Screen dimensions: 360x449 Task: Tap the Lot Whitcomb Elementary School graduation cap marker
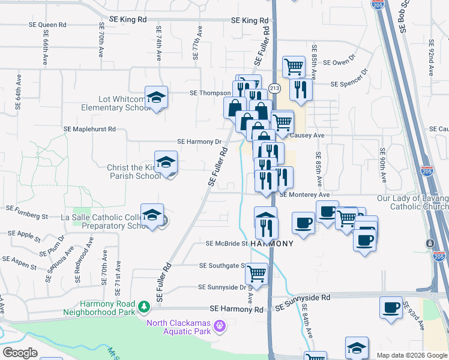tap(156, 97)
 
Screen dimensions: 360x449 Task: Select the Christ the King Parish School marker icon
tap(166, 161)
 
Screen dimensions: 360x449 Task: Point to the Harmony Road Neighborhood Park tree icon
tap(143, 307)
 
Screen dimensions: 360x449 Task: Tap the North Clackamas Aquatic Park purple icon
tap(220, 325)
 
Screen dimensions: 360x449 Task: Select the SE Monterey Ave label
tap(304, 195)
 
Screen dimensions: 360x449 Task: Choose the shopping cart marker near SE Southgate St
tap(256, 273)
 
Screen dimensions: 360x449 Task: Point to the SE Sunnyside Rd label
tap(303, 298)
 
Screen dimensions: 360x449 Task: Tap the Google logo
tap(20, 353)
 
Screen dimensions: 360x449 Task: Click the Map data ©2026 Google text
tap(411, 355)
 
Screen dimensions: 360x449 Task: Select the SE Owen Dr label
tap(340, 62)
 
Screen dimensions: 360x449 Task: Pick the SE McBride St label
tap(227, 244)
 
